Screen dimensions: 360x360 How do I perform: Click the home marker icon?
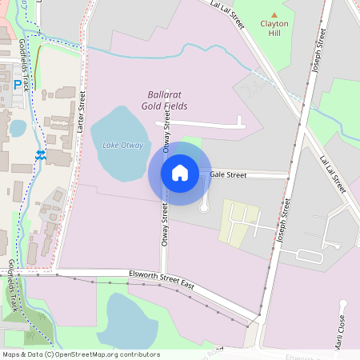coord(180,172)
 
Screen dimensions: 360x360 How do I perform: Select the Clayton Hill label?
coord(274,28)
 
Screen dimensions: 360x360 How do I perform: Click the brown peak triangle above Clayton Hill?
coord(274,14)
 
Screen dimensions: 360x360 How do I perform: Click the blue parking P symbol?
coord(18,83)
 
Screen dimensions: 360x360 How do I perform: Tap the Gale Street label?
coord(228,174)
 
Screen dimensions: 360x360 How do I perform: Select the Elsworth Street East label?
coord(162,279)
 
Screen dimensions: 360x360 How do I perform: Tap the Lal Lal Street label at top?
coord(226,14)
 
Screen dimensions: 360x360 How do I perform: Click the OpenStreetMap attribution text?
coord(81,354)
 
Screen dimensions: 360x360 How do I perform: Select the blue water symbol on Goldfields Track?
coord(40,154)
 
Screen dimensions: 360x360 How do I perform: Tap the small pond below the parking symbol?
coord(18,128)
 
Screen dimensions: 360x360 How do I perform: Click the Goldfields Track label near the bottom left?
coord(14,286)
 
